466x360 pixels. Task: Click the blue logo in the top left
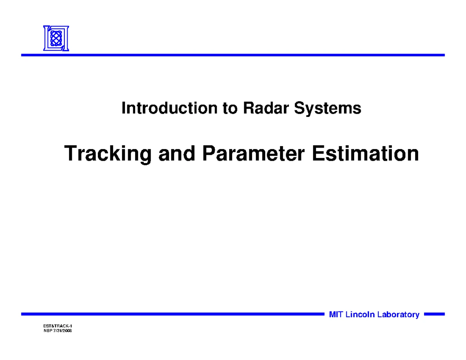coord(56,38)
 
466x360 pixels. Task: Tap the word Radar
coord(266,108)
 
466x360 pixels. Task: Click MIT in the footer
coord(336,315)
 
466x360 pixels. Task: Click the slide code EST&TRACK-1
coord(57,326)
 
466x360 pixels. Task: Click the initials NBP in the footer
coord(48,330)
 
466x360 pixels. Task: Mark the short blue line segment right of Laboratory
coord(434,314)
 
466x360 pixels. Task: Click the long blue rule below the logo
coord(233,55)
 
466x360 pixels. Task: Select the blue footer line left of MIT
coord(173,314)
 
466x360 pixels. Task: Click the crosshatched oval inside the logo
coord(56,38)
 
